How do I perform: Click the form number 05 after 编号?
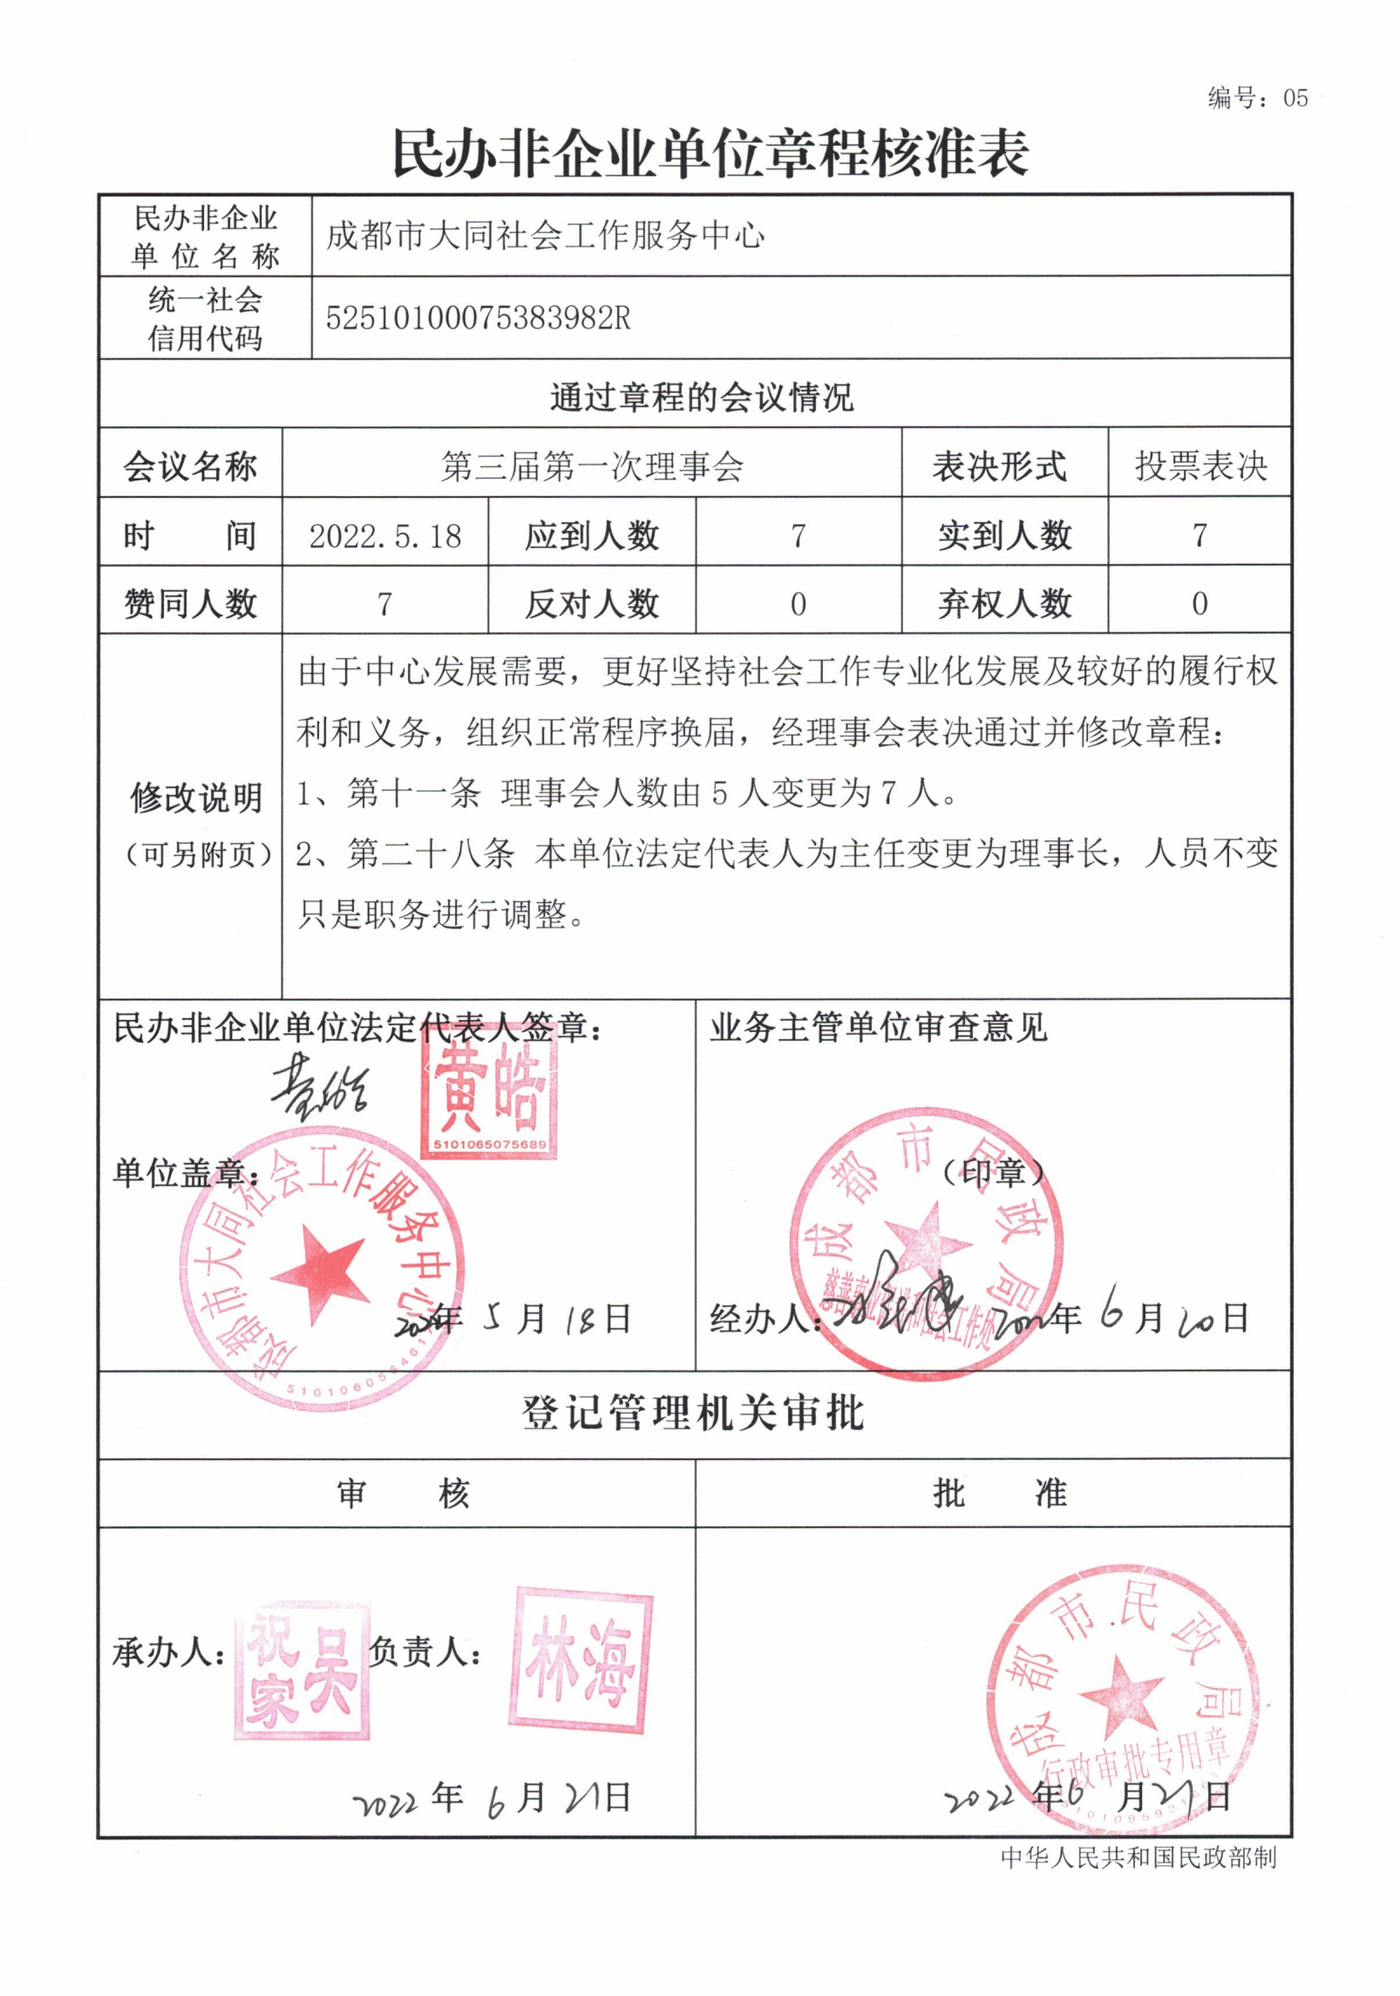tap(1295, 98)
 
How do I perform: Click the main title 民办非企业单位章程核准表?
tap(710, 153)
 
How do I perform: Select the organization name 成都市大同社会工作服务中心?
tap(546, 235)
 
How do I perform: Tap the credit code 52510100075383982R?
tap(478, 317)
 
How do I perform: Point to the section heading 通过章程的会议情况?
tap(702, 397)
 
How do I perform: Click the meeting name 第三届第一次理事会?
tap(592, 466)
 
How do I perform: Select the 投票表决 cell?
tap(1200, 466)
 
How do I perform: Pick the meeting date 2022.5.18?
tap(384, 535)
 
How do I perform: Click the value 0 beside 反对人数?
tap(798, 603)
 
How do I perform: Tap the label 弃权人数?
tap(1004, 603)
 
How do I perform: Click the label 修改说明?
tap(196, 797)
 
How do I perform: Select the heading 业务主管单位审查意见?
tap(878, 1028)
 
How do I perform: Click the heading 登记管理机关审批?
tap(693, 1414)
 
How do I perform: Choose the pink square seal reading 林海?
tap(581, 1662)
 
